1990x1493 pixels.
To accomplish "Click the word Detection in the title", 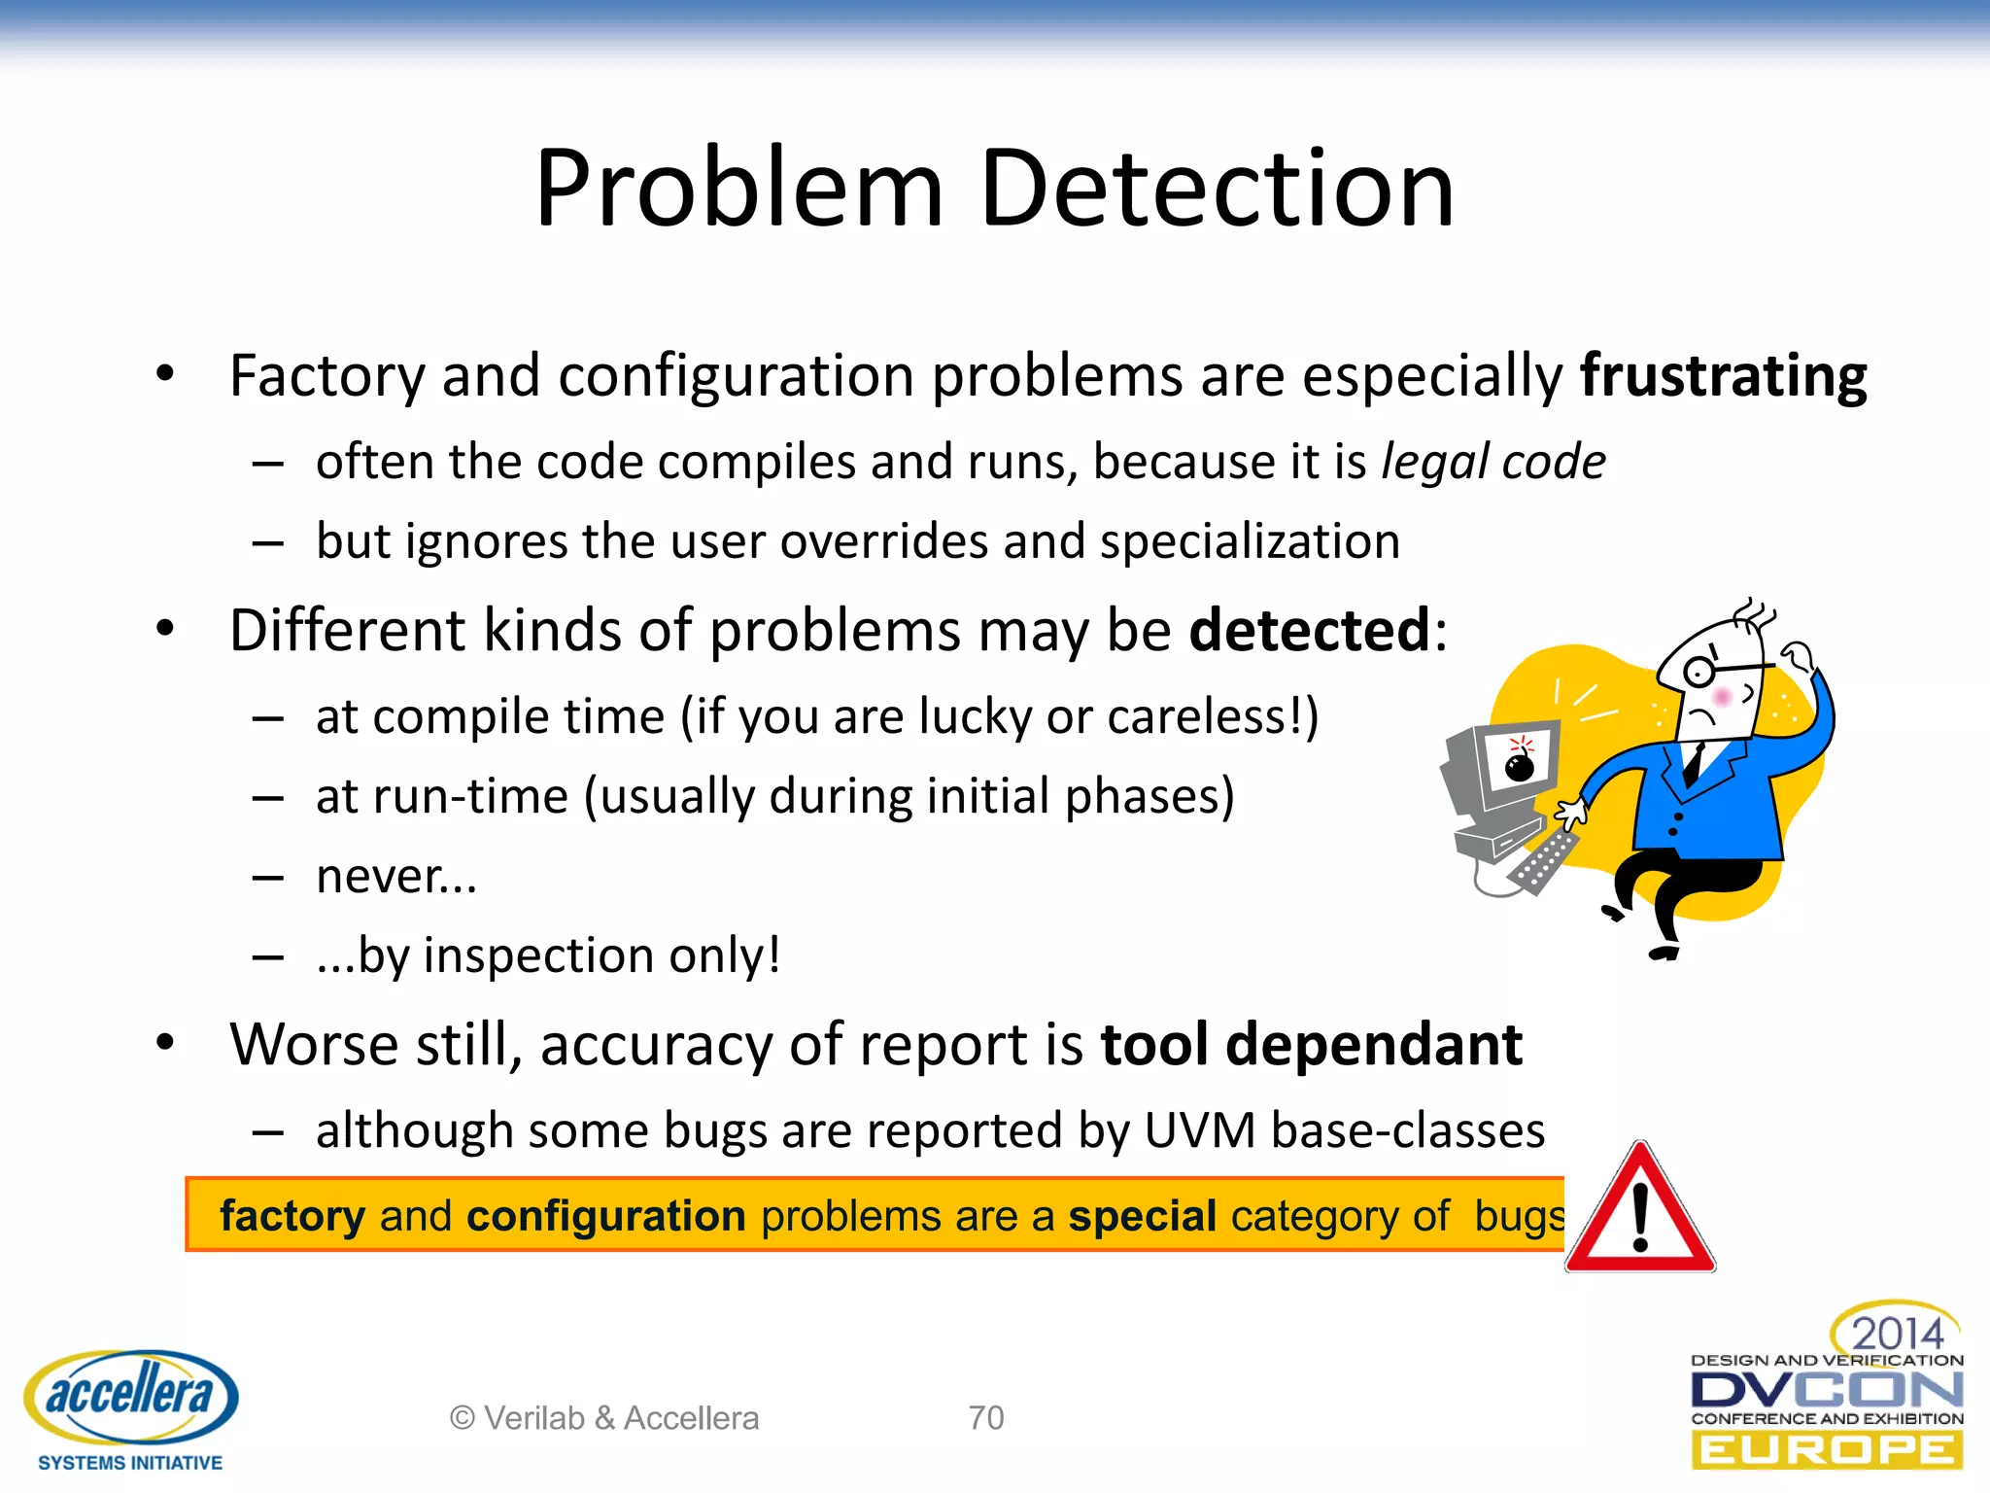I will click(1217, 189).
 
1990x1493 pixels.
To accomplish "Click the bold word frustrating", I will click(1723, 376).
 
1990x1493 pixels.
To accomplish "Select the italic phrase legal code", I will click(1493, 462).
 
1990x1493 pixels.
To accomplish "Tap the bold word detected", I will click(1310, 631).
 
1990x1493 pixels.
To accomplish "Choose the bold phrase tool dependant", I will click(1311, 1045).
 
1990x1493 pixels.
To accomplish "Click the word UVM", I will click(1200, 1131).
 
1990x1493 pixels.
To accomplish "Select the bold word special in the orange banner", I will click(1143, 1216).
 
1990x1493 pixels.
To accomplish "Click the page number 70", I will click(985, 1418).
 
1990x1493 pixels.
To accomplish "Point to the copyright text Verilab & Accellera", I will click(604, 1418).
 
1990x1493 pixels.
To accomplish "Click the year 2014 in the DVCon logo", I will click(1897, 1333).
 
